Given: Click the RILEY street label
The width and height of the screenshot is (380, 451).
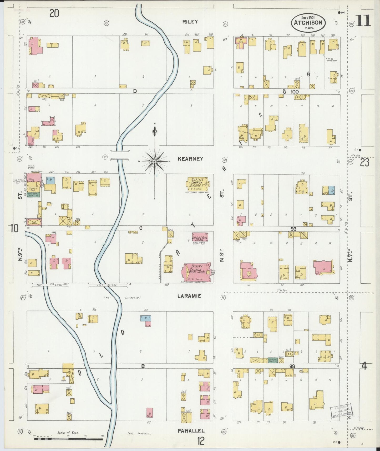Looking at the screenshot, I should [190, 22].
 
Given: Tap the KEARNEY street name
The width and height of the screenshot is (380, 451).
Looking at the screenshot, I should [190, 159].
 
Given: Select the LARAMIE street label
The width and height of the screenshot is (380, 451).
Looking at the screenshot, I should [189, 296].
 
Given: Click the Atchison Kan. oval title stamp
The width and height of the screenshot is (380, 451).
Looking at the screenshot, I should [308, 22].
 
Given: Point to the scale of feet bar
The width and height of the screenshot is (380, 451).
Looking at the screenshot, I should [68, 439].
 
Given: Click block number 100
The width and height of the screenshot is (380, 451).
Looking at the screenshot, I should [295, 92].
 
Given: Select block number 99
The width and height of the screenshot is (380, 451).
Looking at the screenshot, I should [293, 229].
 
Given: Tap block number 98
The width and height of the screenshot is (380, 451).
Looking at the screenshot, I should [292, 366].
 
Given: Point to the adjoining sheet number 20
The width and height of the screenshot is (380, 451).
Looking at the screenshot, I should [54, 13].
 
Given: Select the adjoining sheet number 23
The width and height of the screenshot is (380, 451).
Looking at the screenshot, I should [364, 163].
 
